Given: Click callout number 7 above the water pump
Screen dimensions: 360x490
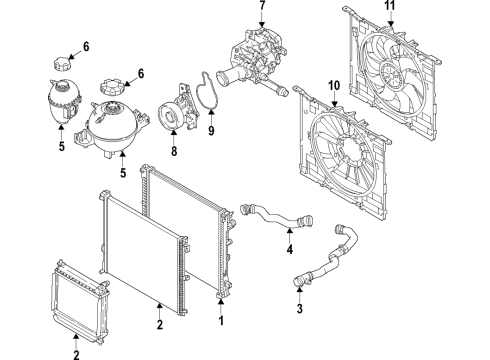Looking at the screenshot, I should coord(263,7).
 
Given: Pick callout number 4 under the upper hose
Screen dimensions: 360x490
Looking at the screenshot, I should coord(289,251).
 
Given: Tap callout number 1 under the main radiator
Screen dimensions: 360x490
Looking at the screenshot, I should coord(222,324).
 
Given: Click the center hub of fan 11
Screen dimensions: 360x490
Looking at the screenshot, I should coord(405,70).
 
